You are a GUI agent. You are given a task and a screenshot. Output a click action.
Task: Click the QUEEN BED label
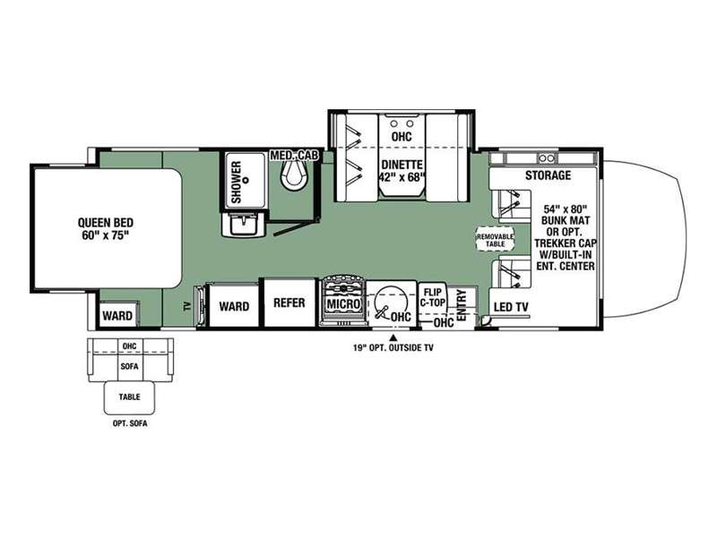pyautogui.click(x=106, y=229)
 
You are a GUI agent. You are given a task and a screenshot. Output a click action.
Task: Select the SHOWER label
pyautogui.click(x=237, y=183)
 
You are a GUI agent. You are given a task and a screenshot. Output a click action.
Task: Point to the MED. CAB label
pyautogui.click(x=294, y=155)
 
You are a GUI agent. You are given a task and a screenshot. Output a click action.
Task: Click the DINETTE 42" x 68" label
pyautogui.click(x=402, y=171)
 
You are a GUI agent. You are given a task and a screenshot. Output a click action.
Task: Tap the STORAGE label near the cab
pyautogui.click(x=548, y=175)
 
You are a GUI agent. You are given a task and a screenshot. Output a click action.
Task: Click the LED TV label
pyautogui.click(x=511, y=307)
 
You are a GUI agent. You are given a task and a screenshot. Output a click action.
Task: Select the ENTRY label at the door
pyautogui.click(x=462, y=304)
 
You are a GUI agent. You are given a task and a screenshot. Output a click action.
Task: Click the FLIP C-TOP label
pyautogui.click(x=433, y=297)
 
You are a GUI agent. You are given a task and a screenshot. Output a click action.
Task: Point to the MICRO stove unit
pyautogui.click(x=344, y=302)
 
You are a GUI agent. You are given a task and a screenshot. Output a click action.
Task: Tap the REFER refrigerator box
pyautogui.click(x=289, y=303)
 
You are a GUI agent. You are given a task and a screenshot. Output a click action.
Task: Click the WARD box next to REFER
pyautogui.click(x=234, y=305)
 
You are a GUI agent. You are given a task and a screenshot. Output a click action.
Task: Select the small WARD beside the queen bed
pyautogui.click(x=117, y=315)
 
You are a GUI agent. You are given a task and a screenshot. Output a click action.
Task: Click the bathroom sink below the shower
pyautogui.click(x=243, y=225)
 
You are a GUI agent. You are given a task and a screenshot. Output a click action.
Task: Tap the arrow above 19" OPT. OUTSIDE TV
pyautogui.click(x=393, y=338)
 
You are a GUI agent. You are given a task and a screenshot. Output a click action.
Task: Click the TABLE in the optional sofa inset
pyautogui.click(x=129, y=397)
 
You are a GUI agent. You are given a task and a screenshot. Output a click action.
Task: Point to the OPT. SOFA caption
pyautogui.click(x=130, y=423)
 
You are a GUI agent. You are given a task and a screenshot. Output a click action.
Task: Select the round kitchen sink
pyautogui.click(x=391, y=302)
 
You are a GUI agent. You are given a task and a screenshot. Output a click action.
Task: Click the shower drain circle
pyautogui.click(x=246, y=180)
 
